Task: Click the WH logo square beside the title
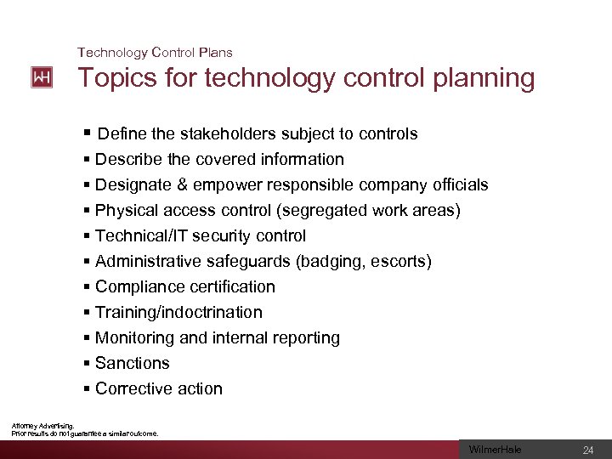click(x=42, y=77)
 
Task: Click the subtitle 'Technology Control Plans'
click(x=155, y=53)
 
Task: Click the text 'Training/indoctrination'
click(x=178, y=312)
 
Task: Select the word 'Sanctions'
click(x=133, y=363)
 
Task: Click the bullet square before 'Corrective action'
click(x=88, y=388)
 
